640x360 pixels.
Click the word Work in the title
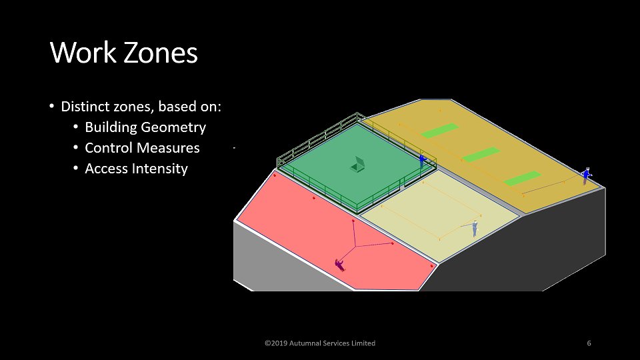click(x=83, y=53)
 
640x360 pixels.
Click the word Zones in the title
click(x=161, y=53)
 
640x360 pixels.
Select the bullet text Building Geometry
click(x=145, y=127)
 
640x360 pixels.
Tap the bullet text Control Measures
click(x=142, y=148)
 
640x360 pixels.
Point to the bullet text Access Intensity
click(x=136, y=169)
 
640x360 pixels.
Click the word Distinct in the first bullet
click(x=85, y=107)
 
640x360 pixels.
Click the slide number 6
click(x=589, y=343)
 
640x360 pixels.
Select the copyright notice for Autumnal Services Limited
click(x=320, y=343)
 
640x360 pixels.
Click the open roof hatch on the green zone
click(x=357, y=165)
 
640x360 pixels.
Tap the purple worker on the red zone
click(x=340, y=265)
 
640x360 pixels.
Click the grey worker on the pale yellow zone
click(x=475, y=228)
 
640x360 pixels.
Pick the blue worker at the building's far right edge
click(x=587, y=176)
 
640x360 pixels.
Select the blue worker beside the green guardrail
click(x=422, y=161)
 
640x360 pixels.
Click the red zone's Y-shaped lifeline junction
click(x=355, y=246)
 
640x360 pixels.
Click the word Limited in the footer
click(x=363, y=343)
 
